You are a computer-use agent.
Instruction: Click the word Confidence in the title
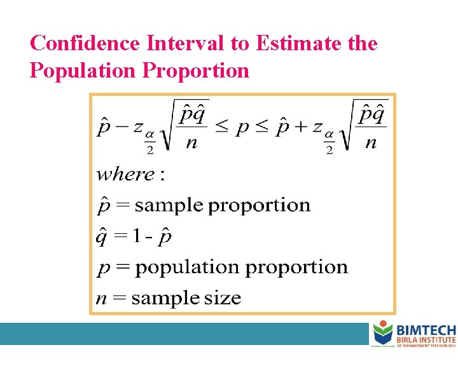(x=85, y=43)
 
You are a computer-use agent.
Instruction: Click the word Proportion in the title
(x=197, y=70)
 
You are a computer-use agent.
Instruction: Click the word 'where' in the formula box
(x=126, y=174)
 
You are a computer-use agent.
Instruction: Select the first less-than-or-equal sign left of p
(x=220, y=128)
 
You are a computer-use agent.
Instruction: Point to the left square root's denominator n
(x=191, y=143)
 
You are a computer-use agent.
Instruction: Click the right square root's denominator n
(x=371, y=143)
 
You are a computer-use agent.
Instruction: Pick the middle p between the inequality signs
(x=242, y=130)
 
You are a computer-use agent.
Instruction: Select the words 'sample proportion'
(x=223, y=205)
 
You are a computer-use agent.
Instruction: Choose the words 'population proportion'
(x=242, y=267)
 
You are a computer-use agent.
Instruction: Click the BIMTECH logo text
(x=426, y=330)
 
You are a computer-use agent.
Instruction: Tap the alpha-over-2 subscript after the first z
(x=149, y=142)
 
